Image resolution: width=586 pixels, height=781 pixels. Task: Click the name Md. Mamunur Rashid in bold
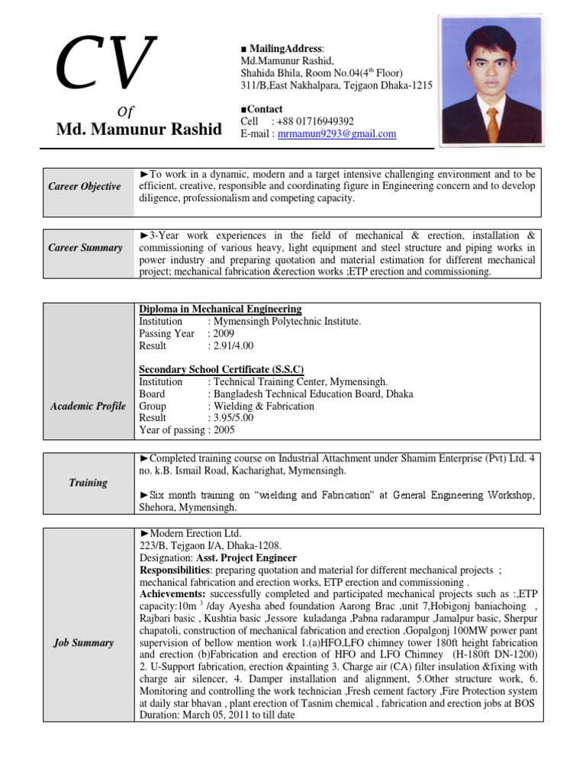point(140,130)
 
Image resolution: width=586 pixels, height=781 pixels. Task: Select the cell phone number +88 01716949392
point(316,121)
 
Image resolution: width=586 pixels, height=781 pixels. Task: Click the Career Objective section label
point(85,187)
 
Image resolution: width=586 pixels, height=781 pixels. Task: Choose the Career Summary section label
point(85,248)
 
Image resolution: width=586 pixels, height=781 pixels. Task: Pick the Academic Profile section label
point(88,407)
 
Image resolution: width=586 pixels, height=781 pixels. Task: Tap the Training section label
point(89,483)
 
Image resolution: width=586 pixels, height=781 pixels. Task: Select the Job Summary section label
point(84,643)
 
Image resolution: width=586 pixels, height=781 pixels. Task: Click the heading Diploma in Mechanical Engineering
point(220,309)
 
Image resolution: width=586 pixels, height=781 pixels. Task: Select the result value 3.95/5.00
point(235,418)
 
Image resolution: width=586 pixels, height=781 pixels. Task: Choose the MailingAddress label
point(285,49)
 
